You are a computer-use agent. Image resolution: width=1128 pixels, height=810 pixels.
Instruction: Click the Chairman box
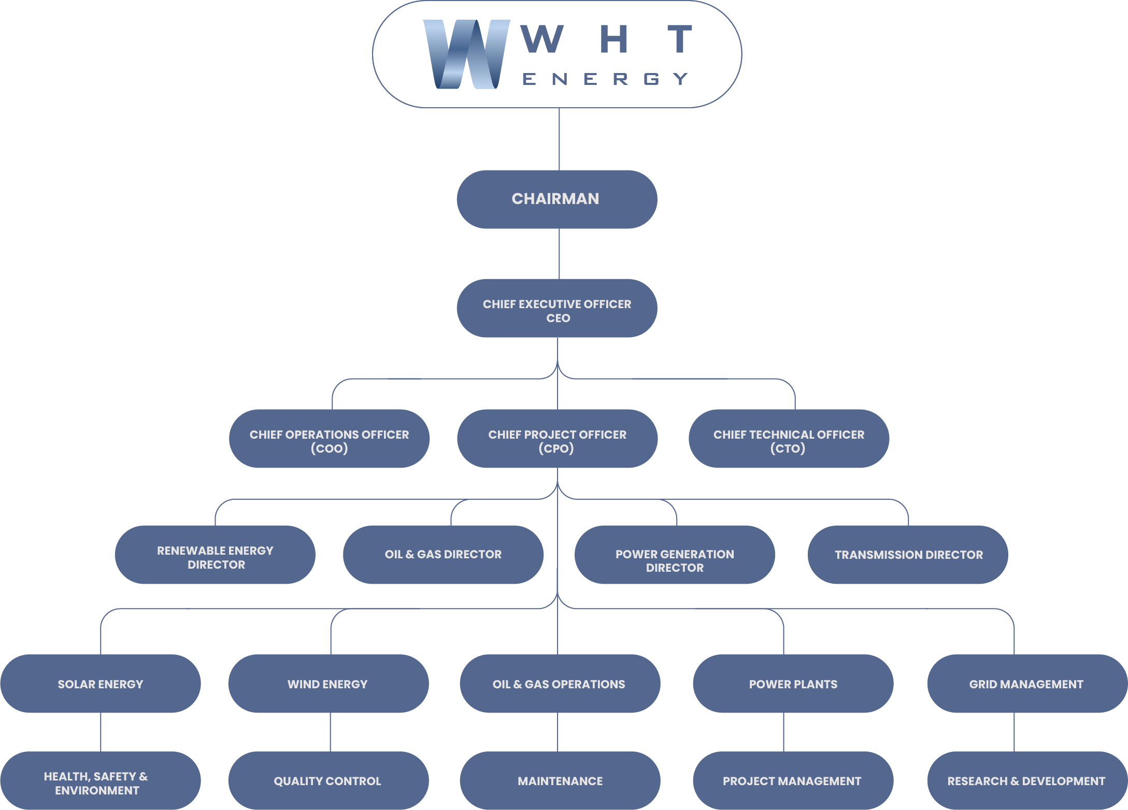pyautogui.click(x=556, y=199)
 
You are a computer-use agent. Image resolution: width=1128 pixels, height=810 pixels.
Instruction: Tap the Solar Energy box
pyautogui.click(x=100, y=684)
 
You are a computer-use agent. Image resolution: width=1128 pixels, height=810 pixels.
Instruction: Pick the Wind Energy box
pyautogui.click(x=328, y=684)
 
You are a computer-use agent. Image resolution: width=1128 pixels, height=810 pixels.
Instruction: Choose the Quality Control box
pyautogui.click(x=328, y=781)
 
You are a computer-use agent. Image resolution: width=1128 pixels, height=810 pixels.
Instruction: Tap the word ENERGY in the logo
pyautogui.click(x=605, y=79)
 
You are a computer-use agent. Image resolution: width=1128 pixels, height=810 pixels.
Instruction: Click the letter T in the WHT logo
pyautogui.click(x=680, y=39)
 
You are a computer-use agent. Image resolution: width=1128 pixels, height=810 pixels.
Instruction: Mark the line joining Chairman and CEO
pyautogui.click(x=559, y=254)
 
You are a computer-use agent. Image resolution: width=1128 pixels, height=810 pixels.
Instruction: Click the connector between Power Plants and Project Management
pyautogui.click(x=783, y=732)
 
